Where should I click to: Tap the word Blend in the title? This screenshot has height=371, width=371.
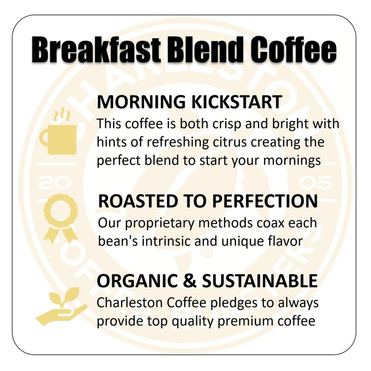click(x=200, y=50)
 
